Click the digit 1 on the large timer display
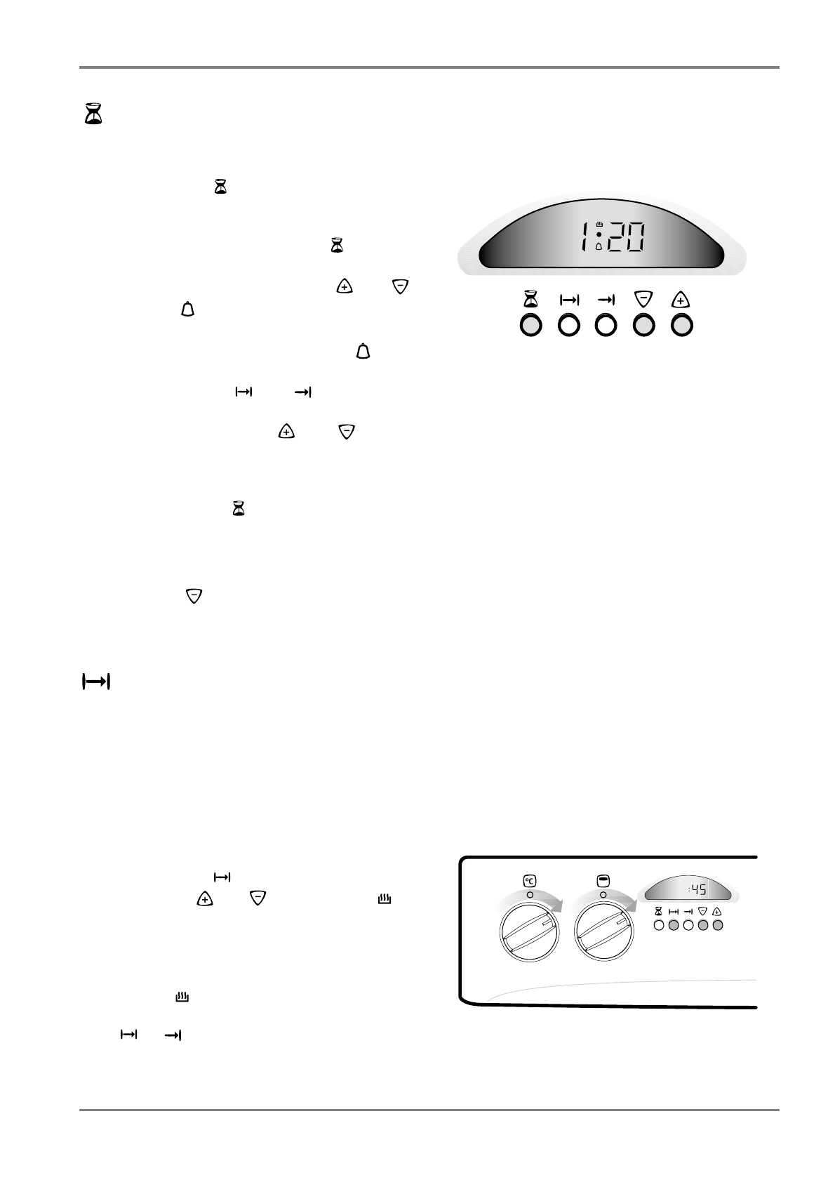(x=584, y=238)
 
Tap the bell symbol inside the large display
(x=599, y=246)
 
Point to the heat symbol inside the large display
(x=599, y=225)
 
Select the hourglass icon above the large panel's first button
(x=531, y=300)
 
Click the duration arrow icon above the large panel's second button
(x=569, y=300)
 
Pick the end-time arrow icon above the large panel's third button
(x=606, y=300)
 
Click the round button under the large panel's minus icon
(x=644, y=326)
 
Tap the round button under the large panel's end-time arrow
(x=606, y=326)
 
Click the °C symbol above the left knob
(x=530, y=881)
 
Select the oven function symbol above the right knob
(x=603, y=881)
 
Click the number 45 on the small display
(x=697, y=890)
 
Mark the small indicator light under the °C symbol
(x=530, y=895)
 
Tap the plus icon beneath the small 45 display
(x=717, y=912)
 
